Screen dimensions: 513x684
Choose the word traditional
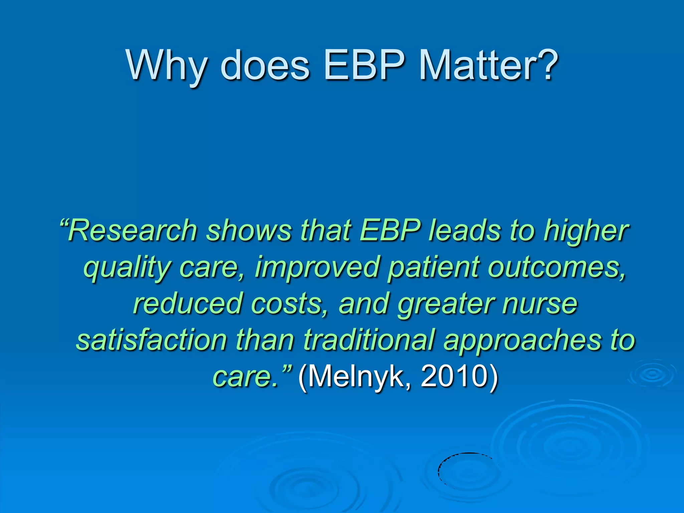point(369,340)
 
